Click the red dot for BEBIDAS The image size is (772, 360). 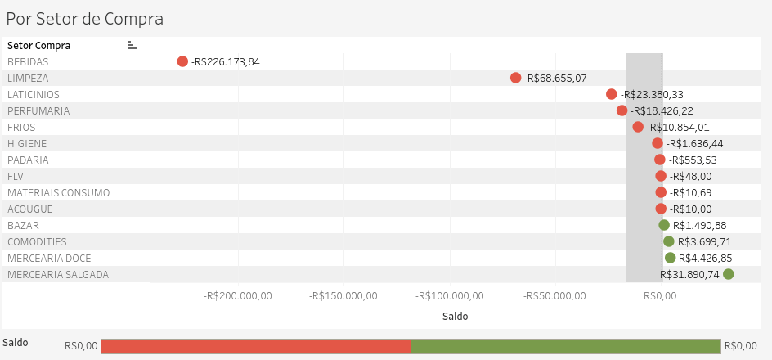coord(182,61)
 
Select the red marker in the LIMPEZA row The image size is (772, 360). coord(515,78)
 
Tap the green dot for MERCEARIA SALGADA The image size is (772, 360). coord(728,274)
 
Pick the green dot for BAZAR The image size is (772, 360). coord(664,225)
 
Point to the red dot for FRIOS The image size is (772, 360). coord(638,127)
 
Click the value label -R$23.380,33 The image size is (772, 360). coord(652,95)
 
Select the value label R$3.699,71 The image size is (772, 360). coord(705,242)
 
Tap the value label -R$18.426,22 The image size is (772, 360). coord(662,110)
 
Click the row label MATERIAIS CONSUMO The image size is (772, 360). coord(59,192)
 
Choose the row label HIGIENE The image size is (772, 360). coord(27,144)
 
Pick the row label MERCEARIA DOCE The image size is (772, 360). coord(49,258)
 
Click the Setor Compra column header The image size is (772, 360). coord(39,46)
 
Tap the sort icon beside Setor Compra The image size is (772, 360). coord(132,45)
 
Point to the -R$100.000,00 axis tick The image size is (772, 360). coord(450,296)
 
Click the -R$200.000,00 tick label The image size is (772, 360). coord(238,296)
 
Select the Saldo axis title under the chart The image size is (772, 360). coord(456,316)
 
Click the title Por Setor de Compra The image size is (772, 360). coord(85,19)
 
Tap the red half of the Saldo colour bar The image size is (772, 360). coord(256,346)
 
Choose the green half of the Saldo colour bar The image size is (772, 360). coord(566,346)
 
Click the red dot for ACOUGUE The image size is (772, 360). coord(661,209)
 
